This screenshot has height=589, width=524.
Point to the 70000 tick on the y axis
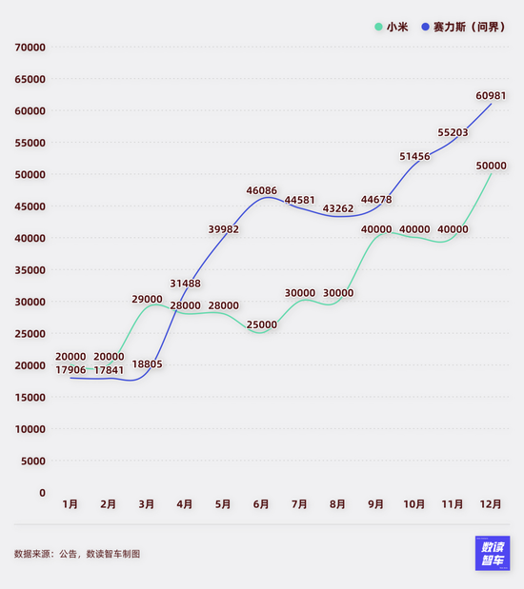point(30,47)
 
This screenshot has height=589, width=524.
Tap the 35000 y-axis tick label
point(30,269)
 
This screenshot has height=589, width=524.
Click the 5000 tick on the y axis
point(33,461)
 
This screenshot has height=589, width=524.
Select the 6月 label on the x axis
point(261,504)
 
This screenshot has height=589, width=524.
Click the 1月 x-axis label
point(71,504)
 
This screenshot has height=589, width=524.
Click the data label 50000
point(491,166)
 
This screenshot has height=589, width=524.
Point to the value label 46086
point(262,190)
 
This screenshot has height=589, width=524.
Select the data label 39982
point(224,229)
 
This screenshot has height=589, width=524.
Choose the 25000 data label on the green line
point(262,324)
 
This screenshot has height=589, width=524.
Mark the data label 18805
point(148,363)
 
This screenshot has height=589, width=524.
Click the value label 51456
point(414,156)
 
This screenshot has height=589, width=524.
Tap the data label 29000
point(148,299)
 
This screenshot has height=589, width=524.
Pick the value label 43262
point(338,208)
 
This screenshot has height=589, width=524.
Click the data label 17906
point(71,370)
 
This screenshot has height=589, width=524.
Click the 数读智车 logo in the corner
point(493,553)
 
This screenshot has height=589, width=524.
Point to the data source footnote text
point(77,553)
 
